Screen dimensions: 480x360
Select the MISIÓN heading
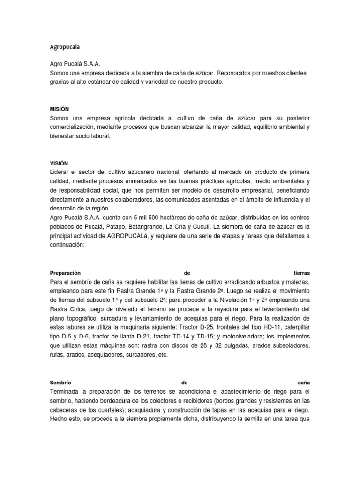(59, 108)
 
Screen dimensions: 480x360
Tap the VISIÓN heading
(59, 163)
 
